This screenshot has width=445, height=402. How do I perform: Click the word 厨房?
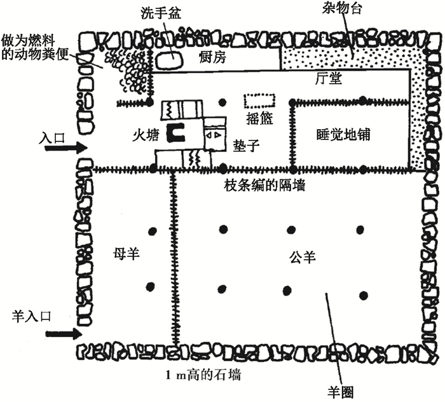pos(213,57)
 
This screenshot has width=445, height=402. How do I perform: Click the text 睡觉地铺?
pos(343,135)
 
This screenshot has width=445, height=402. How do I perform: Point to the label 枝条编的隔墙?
pos(264,186)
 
